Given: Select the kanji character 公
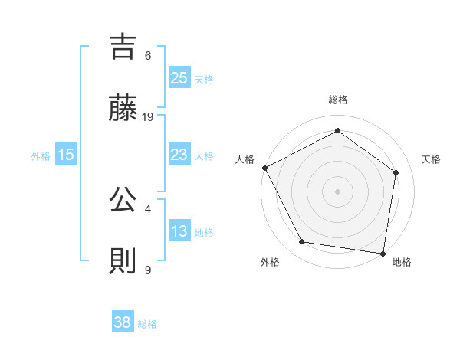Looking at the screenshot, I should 124,200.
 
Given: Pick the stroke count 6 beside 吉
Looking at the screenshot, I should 148,55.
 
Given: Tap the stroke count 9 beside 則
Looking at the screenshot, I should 148,270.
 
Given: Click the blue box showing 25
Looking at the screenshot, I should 179,78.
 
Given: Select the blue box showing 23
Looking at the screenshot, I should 179,155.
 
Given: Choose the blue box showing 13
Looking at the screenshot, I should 179,231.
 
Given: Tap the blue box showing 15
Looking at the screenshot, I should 65,155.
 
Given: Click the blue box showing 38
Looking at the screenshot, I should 122,322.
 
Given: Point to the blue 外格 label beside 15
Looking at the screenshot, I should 41,155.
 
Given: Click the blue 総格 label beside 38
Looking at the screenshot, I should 147,324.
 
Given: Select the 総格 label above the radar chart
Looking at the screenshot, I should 337,100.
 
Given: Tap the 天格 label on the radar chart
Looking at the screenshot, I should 431,159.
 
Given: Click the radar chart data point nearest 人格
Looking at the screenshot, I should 264,168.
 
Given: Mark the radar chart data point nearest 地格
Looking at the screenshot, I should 383,253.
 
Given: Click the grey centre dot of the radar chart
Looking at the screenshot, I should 337,191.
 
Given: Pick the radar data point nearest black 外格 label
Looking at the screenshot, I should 302,242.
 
